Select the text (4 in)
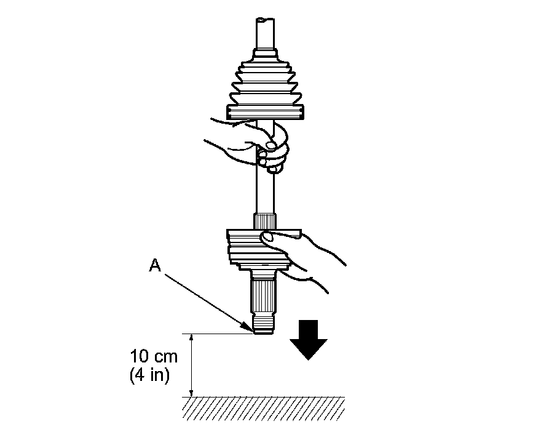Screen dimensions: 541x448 [149, 375]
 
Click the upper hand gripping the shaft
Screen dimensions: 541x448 [258, 145]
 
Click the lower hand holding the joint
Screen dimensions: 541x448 [301, 255]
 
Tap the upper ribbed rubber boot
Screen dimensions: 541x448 [265, 86]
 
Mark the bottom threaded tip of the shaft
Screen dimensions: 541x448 [263, 325]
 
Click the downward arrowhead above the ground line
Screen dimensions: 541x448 [192, 393]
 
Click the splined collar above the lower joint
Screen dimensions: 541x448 [265, 220]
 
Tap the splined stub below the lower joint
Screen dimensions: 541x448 [264, 295]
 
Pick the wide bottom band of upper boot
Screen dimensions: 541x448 [265, 111]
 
